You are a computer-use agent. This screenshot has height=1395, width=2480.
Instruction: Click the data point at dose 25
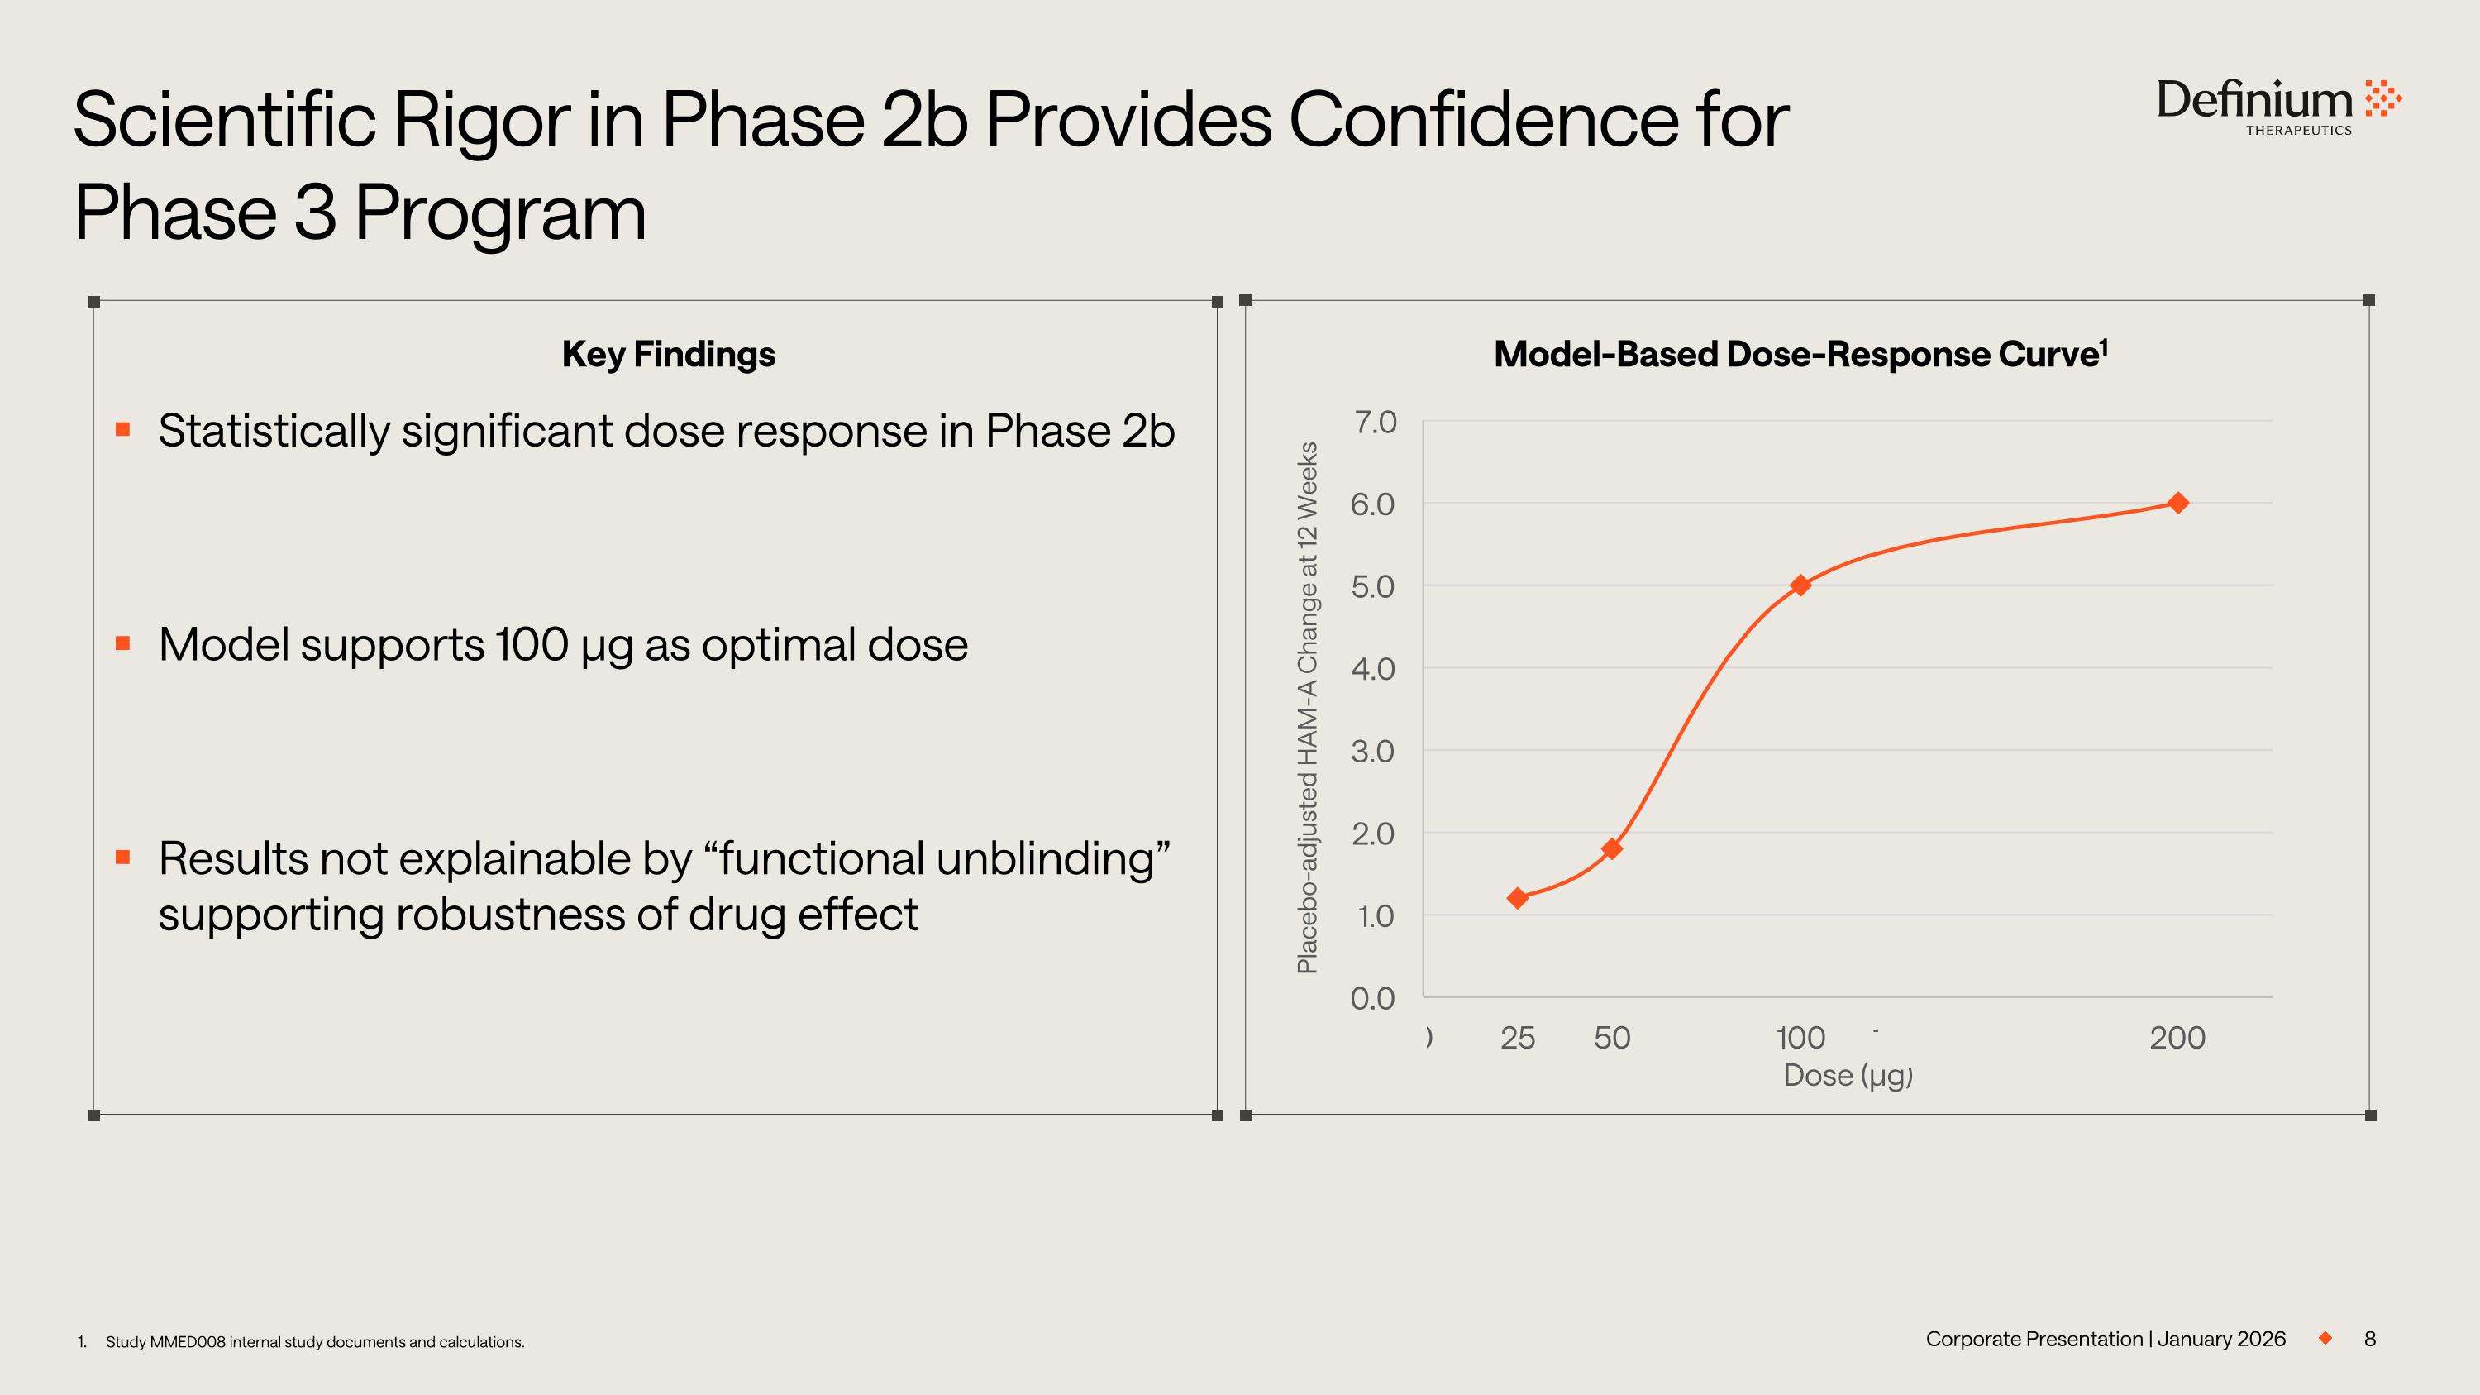click(1517, 898)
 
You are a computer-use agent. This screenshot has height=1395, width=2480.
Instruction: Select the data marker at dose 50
click(1612, 848)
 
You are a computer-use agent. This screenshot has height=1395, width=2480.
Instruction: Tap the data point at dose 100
click(1800, 585)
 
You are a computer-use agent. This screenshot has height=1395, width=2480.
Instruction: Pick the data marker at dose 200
click(2177, 503)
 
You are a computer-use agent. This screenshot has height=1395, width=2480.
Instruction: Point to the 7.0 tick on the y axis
click(1375, 422)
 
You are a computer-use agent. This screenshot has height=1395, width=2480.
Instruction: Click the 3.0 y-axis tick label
click(1373, 751)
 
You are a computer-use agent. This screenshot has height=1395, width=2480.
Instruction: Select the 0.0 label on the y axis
click(1373, 998)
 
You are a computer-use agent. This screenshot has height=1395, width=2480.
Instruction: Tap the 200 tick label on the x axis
click(2177, 1038)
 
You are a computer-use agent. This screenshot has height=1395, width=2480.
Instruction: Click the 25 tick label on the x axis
click(1517, 1038)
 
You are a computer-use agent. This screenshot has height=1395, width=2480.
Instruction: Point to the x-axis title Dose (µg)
click(1848, 1075)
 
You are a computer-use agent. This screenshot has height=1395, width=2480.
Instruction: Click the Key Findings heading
click(668, 354)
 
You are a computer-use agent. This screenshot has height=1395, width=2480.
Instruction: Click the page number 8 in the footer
click(2370, 1339)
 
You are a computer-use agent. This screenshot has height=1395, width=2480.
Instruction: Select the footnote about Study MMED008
click(315, 1342)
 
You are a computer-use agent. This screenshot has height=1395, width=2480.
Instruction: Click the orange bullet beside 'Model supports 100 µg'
click(122, 643)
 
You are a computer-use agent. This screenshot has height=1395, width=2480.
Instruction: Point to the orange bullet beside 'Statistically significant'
click(122, 429)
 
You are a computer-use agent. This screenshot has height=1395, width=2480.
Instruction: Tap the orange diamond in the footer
click(2326, 1338)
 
